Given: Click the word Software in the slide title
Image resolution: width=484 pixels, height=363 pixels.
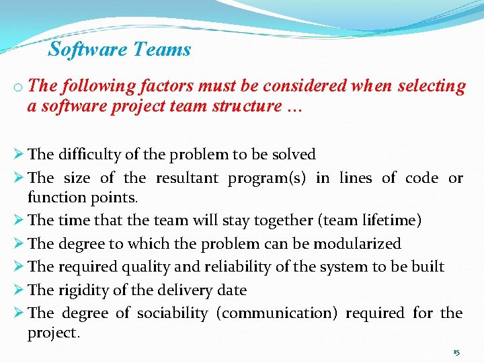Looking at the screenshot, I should click(x=88, y=49).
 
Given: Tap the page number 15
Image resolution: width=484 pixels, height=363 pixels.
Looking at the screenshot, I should click(x=456, y=352).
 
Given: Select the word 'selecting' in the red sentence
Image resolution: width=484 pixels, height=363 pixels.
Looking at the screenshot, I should click(x=432, y=86).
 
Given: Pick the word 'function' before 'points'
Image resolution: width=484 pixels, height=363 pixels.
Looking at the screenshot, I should click(x=55, y=197).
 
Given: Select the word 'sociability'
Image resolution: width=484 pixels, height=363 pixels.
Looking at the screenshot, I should click(x=172, y=313).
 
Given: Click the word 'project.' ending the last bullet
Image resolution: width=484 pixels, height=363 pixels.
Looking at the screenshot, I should click(x=53, y=333).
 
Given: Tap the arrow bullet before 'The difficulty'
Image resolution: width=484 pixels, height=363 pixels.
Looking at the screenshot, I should click(x=18, y=154).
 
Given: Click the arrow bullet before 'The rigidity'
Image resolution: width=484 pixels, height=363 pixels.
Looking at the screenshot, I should click(x=18, y=290).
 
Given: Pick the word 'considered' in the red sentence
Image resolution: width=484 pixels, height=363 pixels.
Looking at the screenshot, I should click(x=305, y=86).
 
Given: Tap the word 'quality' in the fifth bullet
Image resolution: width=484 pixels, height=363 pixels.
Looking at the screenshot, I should click(x=147, y=266).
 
